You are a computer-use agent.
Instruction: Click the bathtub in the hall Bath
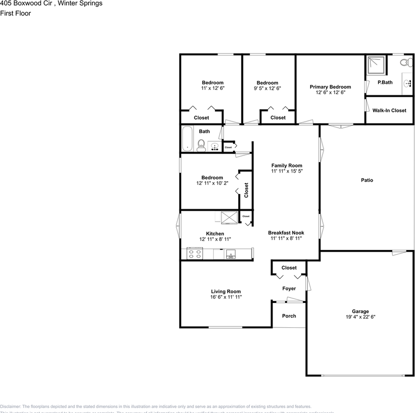(x=188, y=139)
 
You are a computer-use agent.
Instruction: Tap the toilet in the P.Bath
(x=404, y=63)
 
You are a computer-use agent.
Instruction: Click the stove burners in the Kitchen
(x=195, y=254)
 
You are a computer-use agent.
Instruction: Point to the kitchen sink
(x=231, y=254)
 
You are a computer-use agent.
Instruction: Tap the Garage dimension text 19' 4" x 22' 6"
(x=360, y=317)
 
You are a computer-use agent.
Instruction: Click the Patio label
(x=367, y=180)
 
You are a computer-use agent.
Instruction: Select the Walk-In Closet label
(x=389, y=111)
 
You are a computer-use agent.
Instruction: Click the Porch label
(x=289, y=316)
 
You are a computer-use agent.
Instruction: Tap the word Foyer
(x=289, y=289)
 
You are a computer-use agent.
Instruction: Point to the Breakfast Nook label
(x=286, y=233)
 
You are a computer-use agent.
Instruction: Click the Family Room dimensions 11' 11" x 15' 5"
(x=286, y=171)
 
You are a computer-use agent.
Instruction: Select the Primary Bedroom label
(x=330, y=87)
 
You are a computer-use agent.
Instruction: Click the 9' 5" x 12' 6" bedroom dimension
(x=267, y=88)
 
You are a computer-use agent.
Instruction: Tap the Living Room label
(x=226, y=291)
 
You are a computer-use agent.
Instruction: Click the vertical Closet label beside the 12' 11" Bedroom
(x=246, y=190)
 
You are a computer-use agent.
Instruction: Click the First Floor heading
(x=15, y=13)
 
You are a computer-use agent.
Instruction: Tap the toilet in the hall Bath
(x=201, y=145)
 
